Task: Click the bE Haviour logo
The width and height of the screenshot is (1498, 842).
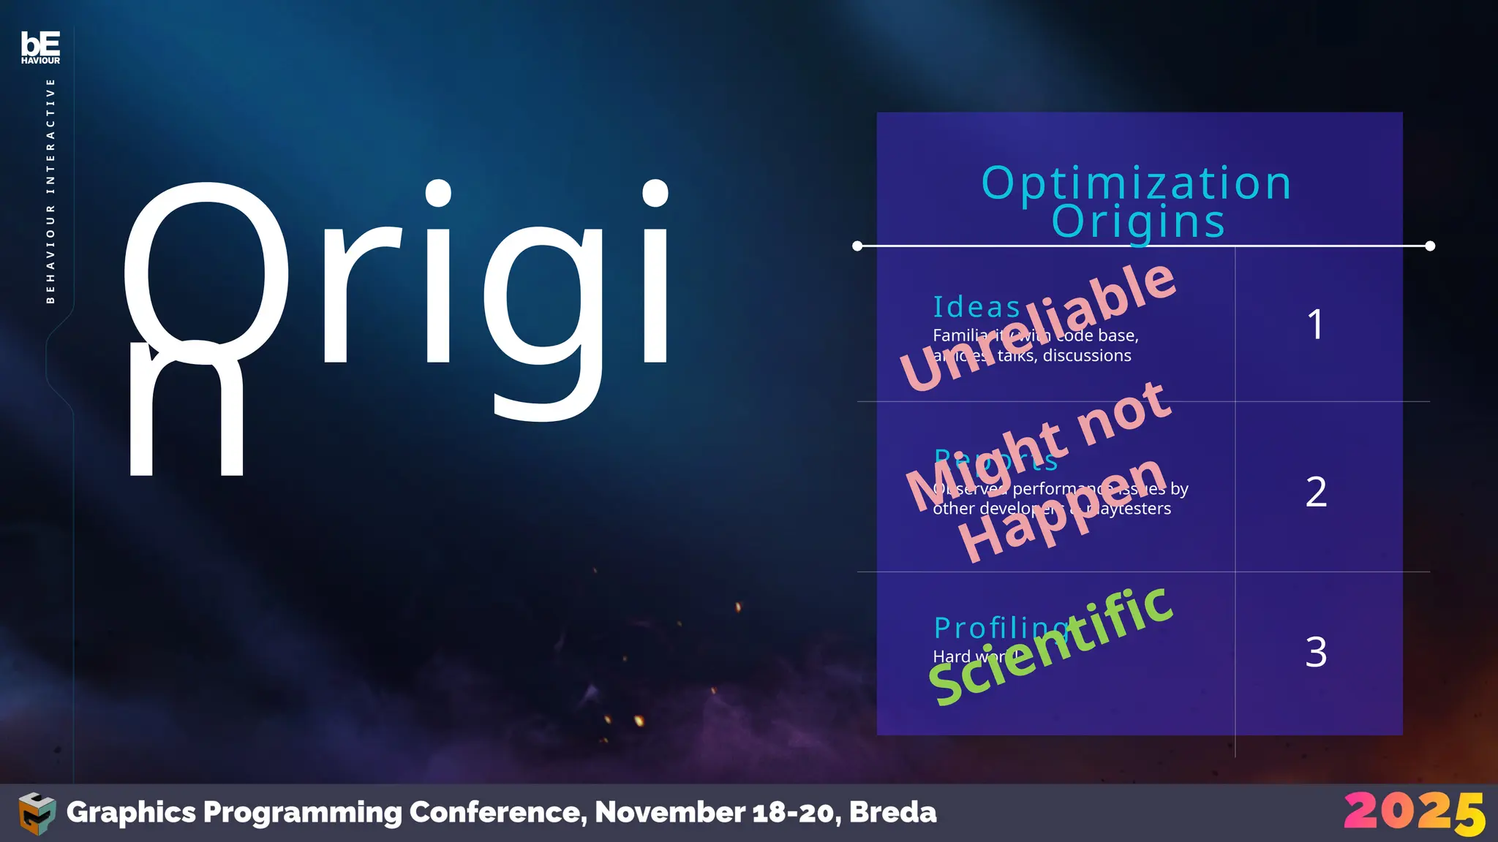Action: (40, 48)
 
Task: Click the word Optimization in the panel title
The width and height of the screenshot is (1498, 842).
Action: (1136, 183)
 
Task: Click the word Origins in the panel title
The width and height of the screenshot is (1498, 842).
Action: (1138, 221)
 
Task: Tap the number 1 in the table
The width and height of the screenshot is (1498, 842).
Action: (1315, 325)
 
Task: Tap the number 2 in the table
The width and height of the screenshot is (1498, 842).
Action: (1316, 492)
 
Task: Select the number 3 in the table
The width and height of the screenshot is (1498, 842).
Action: (1316, 652)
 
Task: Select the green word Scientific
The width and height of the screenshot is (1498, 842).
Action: (1051, 646)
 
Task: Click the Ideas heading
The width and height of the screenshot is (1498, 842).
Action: (976, 308)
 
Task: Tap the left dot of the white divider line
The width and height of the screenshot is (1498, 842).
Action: (857, 246)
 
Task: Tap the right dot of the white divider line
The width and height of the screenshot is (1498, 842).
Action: (1430, 246)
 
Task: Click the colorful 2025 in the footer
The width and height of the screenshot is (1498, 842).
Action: (1414, 813)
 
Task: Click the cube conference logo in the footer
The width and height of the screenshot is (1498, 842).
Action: (37, 813)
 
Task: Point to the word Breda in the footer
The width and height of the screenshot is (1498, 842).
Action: (892, 812)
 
